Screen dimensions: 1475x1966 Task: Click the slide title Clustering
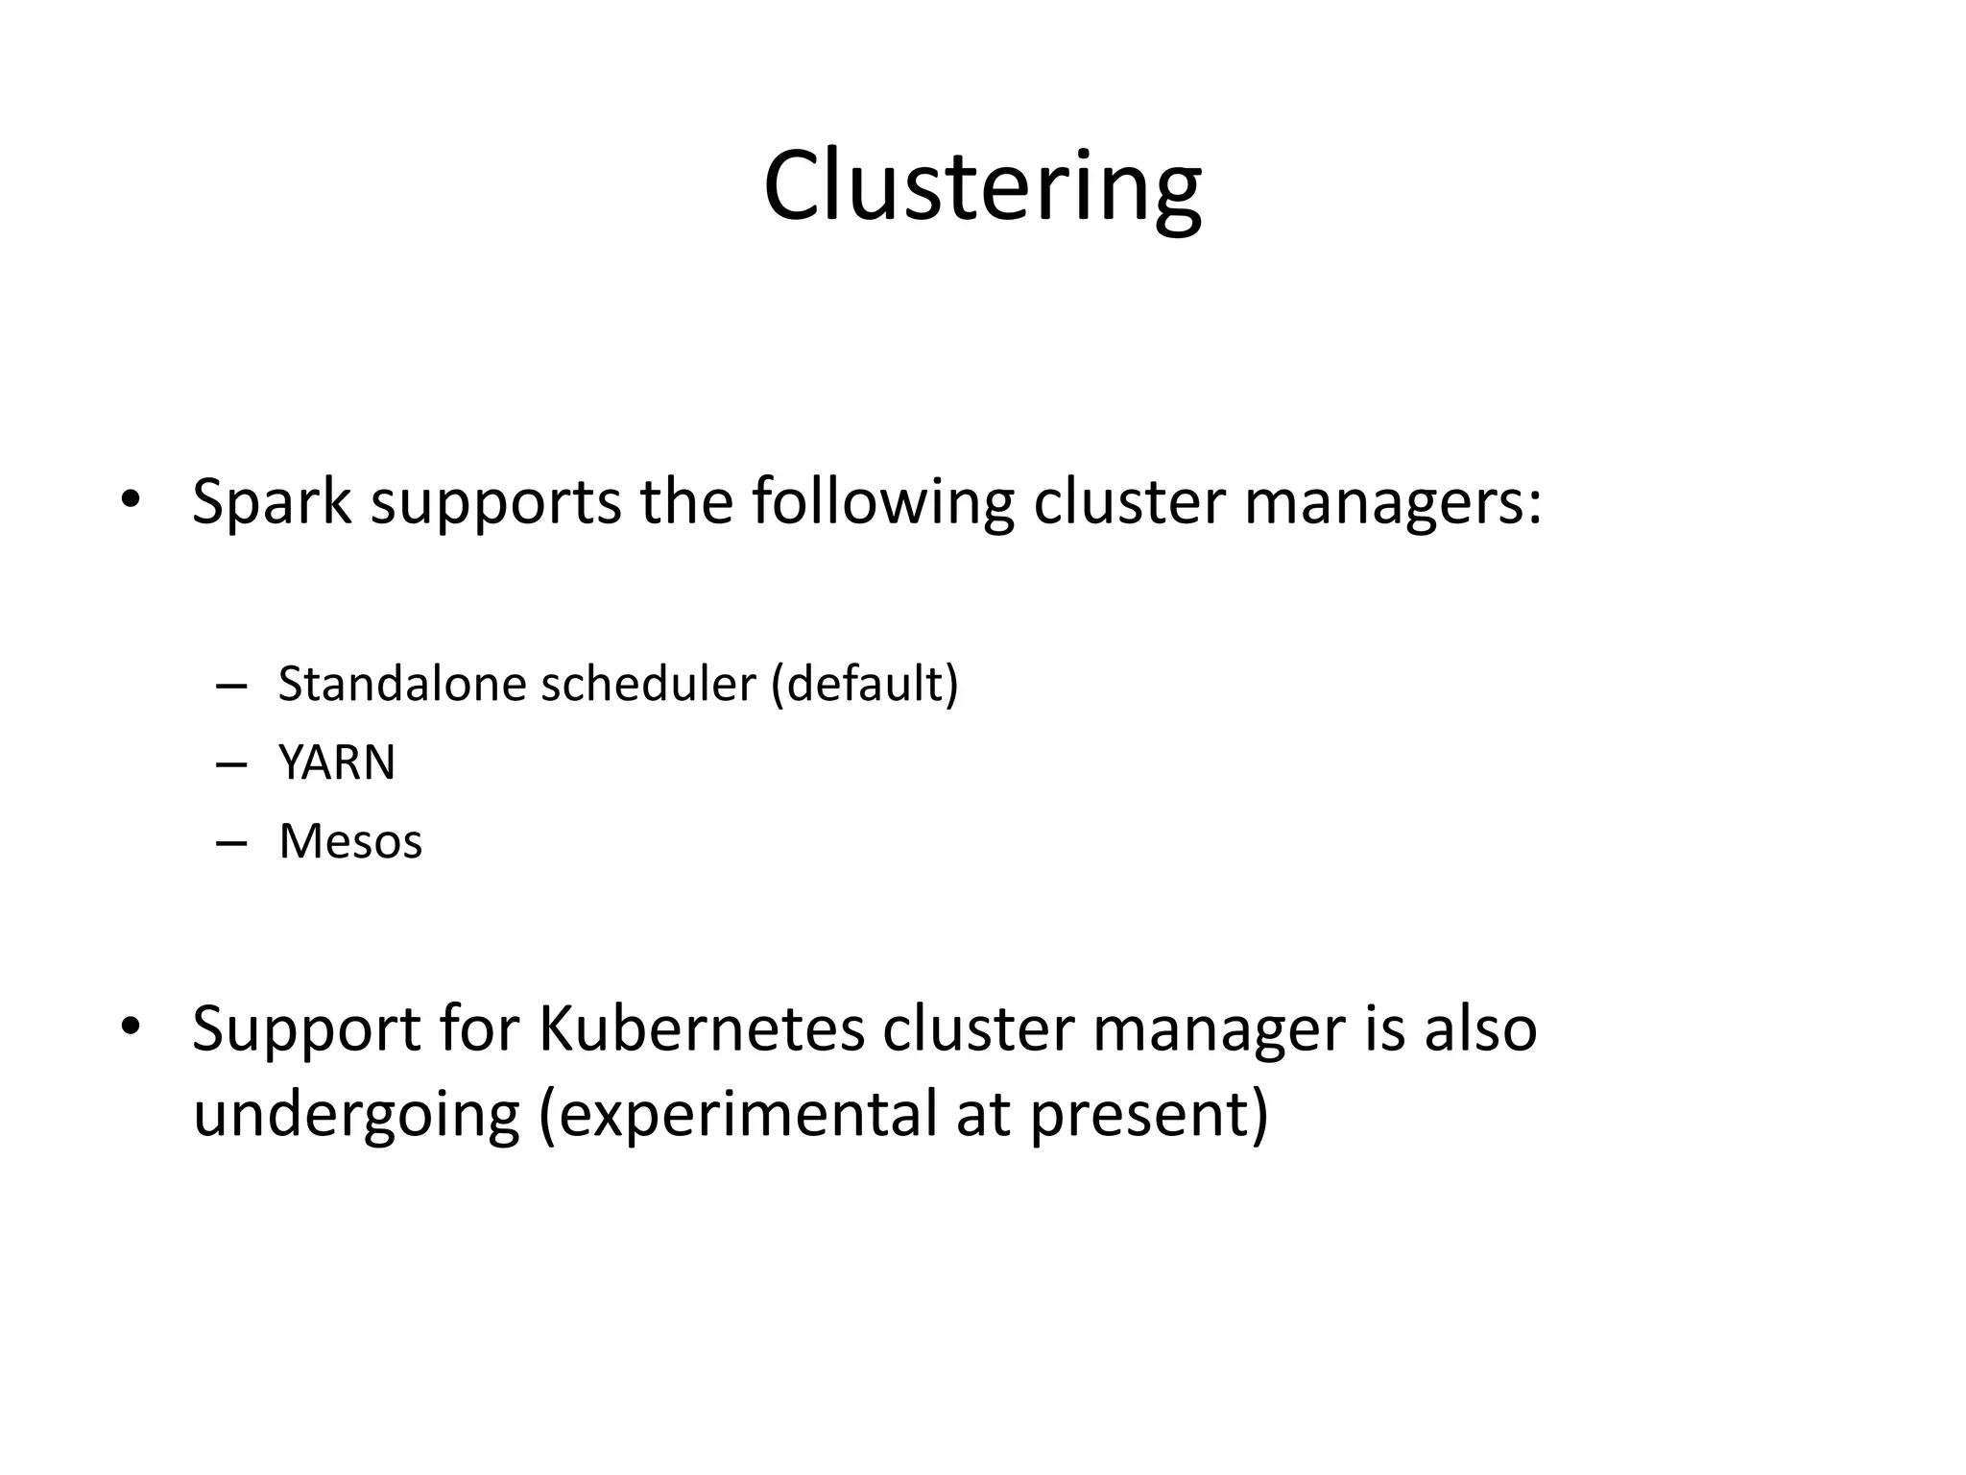982,187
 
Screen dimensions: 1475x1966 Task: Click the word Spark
272,501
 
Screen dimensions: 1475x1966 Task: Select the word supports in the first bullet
495,503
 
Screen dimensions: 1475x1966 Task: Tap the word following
882,503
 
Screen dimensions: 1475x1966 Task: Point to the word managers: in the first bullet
1393,503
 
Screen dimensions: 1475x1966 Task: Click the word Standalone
402,684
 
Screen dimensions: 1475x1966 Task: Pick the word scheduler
649,684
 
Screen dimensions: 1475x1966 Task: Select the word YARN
337,763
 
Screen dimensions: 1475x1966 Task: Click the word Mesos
350,842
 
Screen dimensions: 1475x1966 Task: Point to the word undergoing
356,1116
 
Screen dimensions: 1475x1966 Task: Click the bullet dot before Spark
131,499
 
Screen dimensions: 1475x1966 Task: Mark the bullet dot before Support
131,1026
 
